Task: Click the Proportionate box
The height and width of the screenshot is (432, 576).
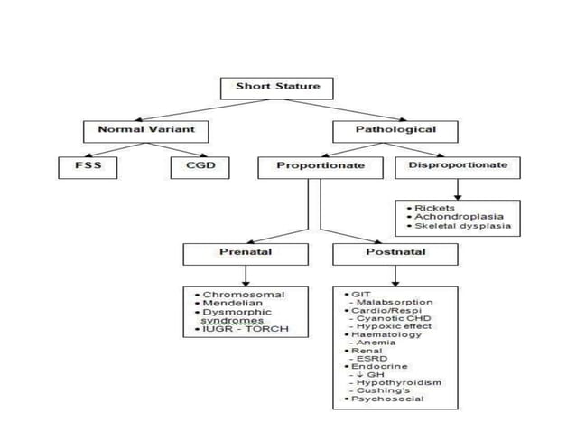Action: [321, 166]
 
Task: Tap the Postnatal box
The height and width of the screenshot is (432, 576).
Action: [390, 253]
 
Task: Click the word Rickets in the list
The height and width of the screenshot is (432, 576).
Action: [434, 208]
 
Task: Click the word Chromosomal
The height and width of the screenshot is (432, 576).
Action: [244, 295]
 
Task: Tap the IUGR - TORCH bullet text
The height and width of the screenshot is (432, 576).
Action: [246, 329]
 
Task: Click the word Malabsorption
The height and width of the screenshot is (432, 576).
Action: [395, 302]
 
